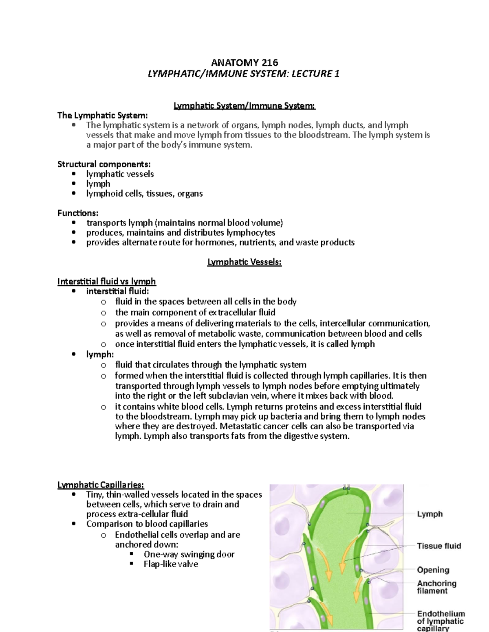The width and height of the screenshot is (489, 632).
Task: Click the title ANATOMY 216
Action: pyautogui.click(x=244, y=63)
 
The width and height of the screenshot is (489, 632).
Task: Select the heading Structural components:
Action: pyautogui.click(x=104, y=164)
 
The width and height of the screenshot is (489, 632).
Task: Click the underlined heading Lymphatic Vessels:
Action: pyautogui.click(x=244, y=262)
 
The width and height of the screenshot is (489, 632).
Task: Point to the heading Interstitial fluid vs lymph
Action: pyautogui.click(x=107, y=282)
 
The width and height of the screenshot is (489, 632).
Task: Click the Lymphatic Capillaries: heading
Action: pyautogui.click(x=101, y=485)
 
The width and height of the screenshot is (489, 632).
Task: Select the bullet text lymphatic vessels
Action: pyautogui.click(x=120, y=174)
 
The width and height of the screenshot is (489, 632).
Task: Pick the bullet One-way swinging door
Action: pyautogui.click(x=189, y=554)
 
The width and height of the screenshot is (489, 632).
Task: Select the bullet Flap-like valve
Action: pyautogui.click(x=171, y=564)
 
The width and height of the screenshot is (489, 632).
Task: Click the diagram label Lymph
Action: pyautogui.click(x=430, y=514)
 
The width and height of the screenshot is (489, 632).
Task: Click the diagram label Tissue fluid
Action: pyautogui.click(x=439, y=546)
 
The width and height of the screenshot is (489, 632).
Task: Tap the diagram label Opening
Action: pyautogui.click(x=433, y=570)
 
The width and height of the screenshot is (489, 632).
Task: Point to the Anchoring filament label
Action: pyautogui.click(x=436, y=587)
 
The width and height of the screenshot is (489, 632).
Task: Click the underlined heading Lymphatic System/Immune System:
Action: pyautogui.click(x=244, y=106)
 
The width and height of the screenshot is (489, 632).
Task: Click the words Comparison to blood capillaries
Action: pyautogui.click(x=147, y=524)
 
